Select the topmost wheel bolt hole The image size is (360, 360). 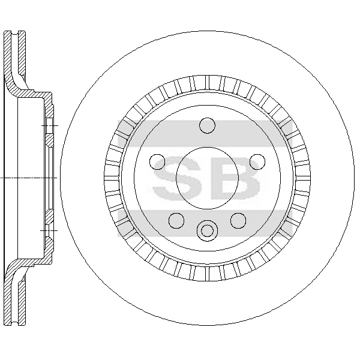[x=208, y=125]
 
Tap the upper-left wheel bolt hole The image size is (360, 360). [x=157, y=162]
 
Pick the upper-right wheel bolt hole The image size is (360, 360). [x=257, y=162]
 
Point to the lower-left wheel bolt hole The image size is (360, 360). [x=176, y=221]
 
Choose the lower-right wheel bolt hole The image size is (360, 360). [x=238, y=221]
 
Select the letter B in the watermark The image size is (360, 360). [x=235, y=178]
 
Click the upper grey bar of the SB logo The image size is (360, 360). [x=205, y=133]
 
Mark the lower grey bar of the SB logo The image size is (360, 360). [x=205, y=223]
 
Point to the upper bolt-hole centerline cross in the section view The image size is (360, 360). [x=50, y=125]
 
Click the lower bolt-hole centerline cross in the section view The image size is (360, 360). [x=49, y=230]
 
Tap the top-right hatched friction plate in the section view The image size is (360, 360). [x=22, y=53]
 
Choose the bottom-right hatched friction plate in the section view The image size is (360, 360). [x=22, y=303]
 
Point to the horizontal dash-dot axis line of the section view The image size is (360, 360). [x=28, y=178]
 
